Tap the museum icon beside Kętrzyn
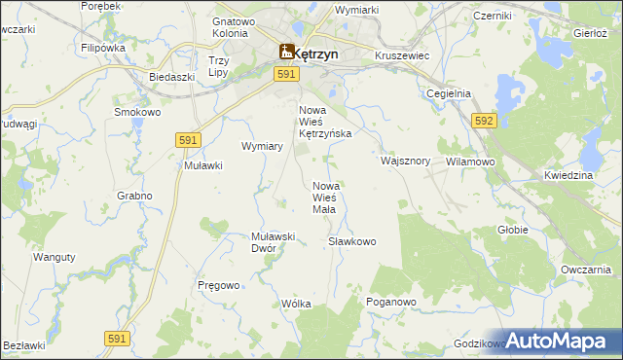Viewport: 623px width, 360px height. pyautogui.click(x=287, y=53)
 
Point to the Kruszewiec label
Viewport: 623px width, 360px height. pyautogui.click(x=402, y=56)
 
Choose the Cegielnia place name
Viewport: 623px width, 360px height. pyautogui.click(x=449, y=93)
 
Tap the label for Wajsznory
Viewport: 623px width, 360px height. pyautogui.click(x=406, y=161)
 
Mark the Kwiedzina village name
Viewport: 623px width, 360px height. pyautogui.click(x=568, y=175)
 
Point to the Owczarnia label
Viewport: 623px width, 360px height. pyautogui.click(x=585, y=270)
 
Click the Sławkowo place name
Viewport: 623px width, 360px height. pyautogui.click(x=351, y=240)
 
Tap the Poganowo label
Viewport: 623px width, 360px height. pyautogui.click(x=391, y=303)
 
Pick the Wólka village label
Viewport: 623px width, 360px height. pyautogui.click(x=295, y=304)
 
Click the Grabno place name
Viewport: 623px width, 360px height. pyautogui.click(x=135, y=196)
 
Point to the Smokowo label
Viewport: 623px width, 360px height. pyautogui.click(x=137, y=112)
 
